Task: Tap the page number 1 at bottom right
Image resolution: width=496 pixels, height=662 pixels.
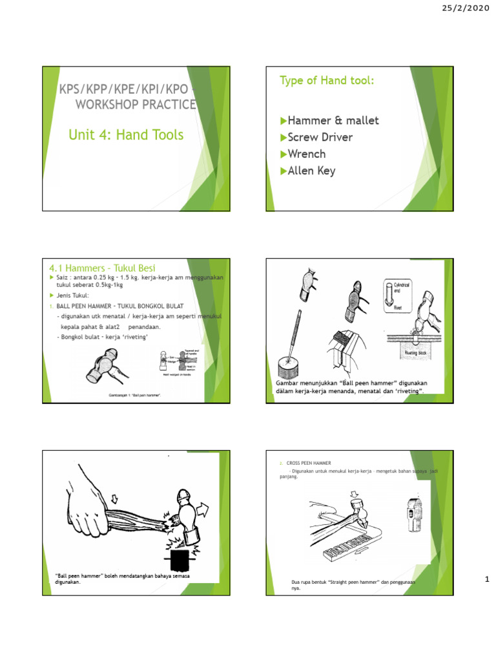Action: click(x=488, y=581)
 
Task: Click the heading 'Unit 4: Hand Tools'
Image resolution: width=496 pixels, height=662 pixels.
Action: click(x=126, y=134)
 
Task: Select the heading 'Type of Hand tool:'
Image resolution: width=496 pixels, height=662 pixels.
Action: click(x=327, y=80)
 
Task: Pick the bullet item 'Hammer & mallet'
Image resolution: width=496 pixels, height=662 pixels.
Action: click(x=329, y=120)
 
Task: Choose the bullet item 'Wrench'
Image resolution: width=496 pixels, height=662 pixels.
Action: click(x=302, y=154)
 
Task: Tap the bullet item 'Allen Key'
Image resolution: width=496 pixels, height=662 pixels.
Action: click(x=308, y=171)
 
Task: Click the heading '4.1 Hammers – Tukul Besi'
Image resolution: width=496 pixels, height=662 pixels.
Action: click(x=102, y=268)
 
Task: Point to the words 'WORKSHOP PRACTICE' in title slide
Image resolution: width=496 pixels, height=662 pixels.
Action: click(x=136, y=104)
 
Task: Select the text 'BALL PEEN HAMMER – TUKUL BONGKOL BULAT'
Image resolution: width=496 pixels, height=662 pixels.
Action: click(x=119, y=305)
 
